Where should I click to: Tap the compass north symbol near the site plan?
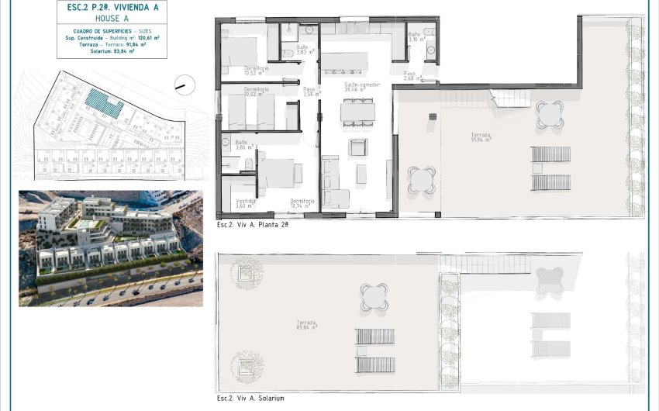(182, 82)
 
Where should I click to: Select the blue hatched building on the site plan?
(103, 102)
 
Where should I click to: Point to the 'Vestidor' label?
(247, 202)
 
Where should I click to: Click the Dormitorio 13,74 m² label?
(302, 202)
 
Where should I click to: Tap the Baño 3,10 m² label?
(415, 37)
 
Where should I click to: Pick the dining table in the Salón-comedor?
(357, 112)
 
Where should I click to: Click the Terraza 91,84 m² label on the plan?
(481, 137)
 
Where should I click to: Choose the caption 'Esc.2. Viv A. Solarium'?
(250, 399)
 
